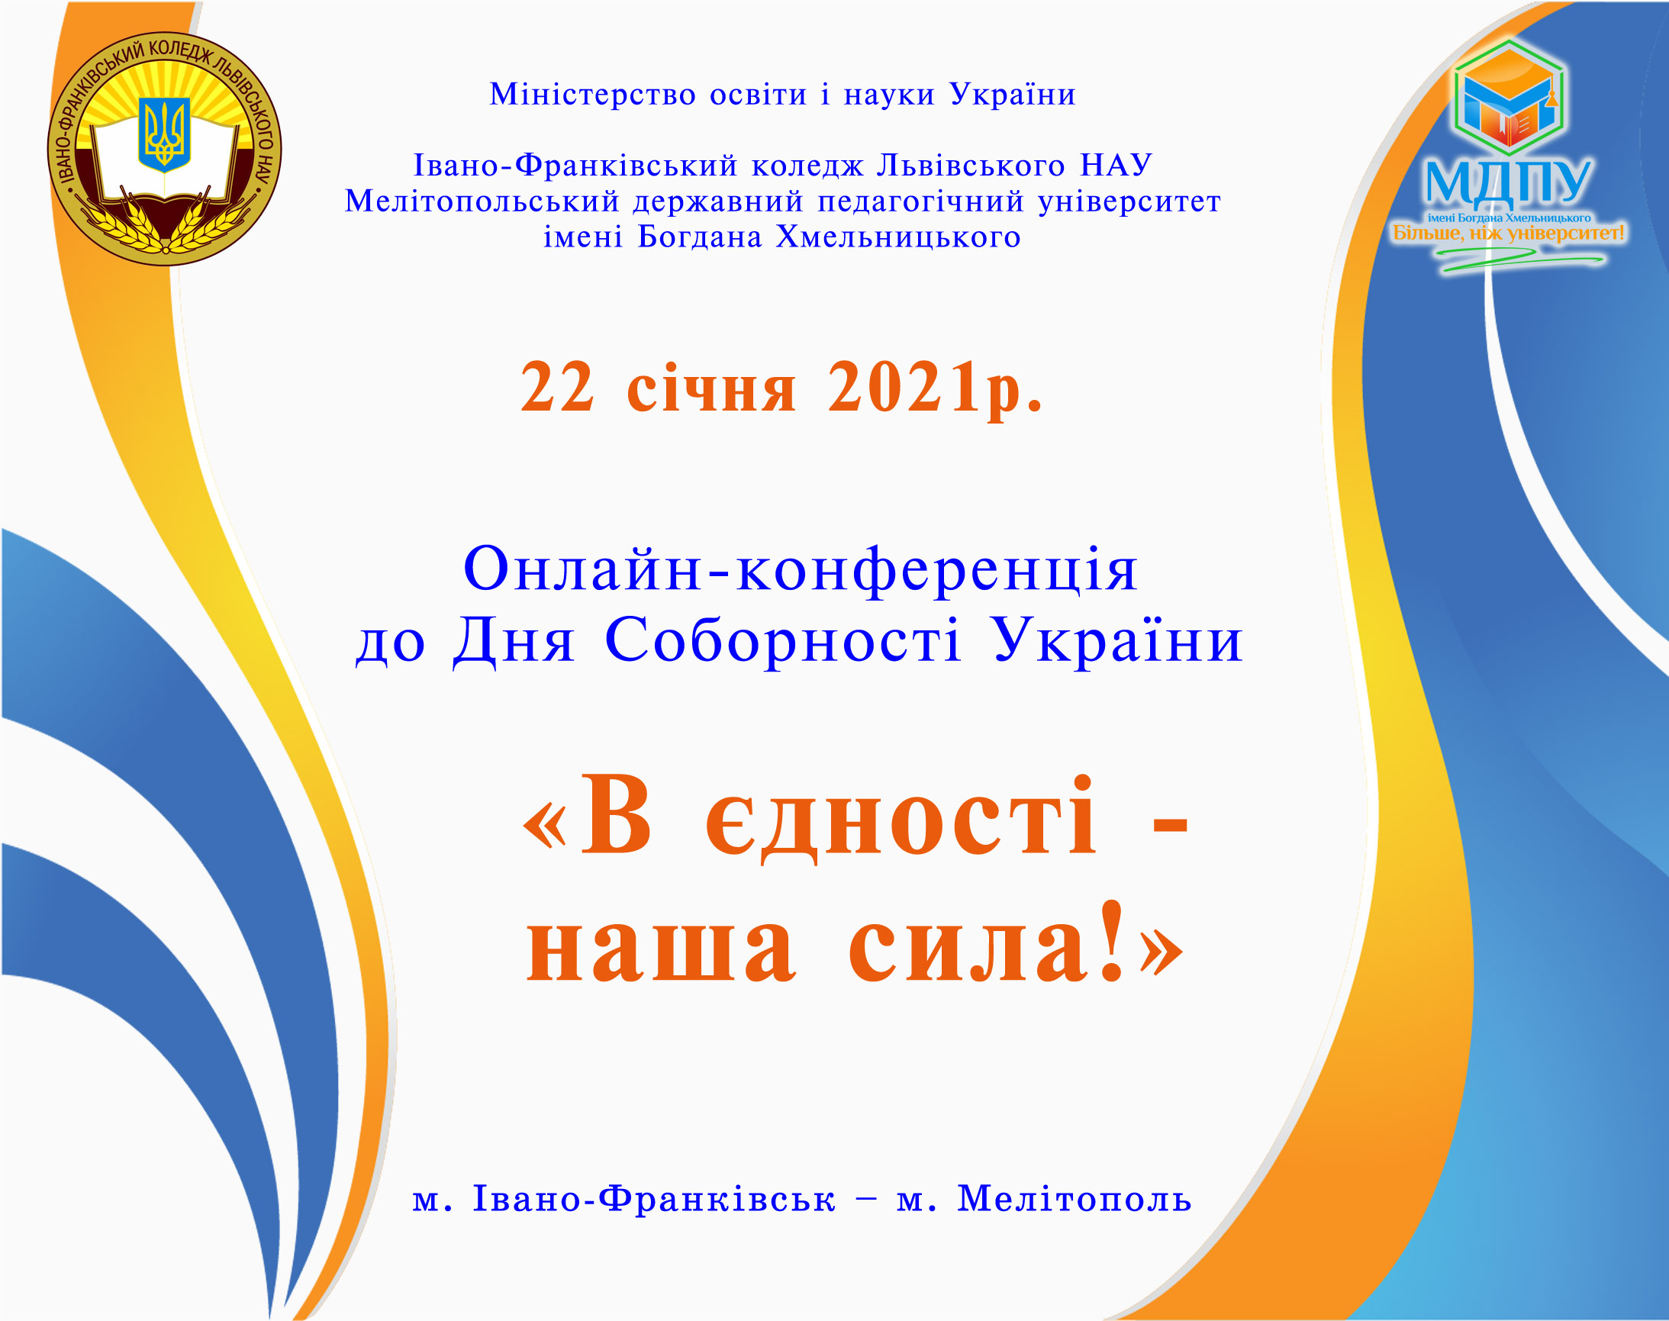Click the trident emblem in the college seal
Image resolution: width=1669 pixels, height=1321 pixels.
click(164, 134)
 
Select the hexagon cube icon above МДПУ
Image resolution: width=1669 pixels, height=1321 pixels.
click(1510, 98)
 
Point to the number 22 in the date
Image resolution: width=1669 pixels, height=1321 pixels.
click(557, 388)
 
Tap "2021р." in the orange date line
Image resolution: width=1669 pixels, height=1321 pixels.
click(935, 389)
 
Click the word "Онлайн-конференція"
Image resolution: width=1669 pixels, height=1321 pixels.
click(800, 569)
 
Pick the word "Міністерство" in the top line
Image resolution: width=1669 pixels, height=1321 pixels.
click(592, 95)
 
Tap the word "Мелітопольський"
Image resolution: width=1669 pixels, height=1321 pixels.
click(482, 201)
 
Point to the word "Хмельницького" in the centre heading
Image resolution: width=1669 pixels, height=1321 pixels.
click(898, 237)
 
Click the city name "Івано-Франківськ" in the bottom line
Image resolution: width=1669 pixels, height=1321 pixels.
click(654, 1199)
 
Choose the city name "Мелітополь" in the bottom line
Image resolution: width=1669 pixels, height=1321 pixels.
click(1075, 1199)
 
